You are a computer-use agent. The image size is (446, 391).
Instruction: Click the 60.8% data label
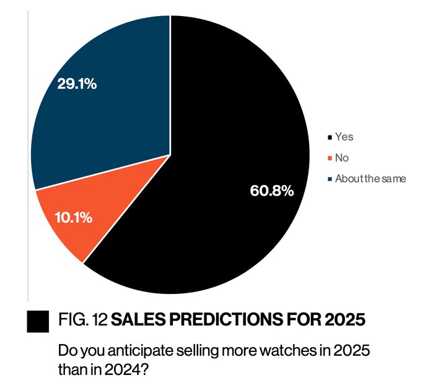click(271, 191)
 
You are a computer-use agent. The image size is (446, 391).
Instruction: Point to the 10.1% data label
click(74, 217)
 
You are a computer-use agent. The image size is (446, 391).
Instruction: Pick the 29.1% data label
click(76, 84)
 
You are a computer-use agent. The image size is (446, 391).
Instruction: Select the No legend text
click(341, 158)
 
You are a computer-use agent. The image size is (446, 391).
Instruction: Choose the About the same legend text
click(370, 179)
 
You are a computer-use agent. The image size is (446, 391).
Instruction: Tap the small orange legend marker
click(330, 158)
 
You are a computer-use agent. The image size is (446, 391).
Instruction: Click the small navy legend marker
click(330, 179)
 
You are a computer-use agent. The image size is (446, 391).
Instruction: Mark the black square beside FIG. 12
click(38, 320)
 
